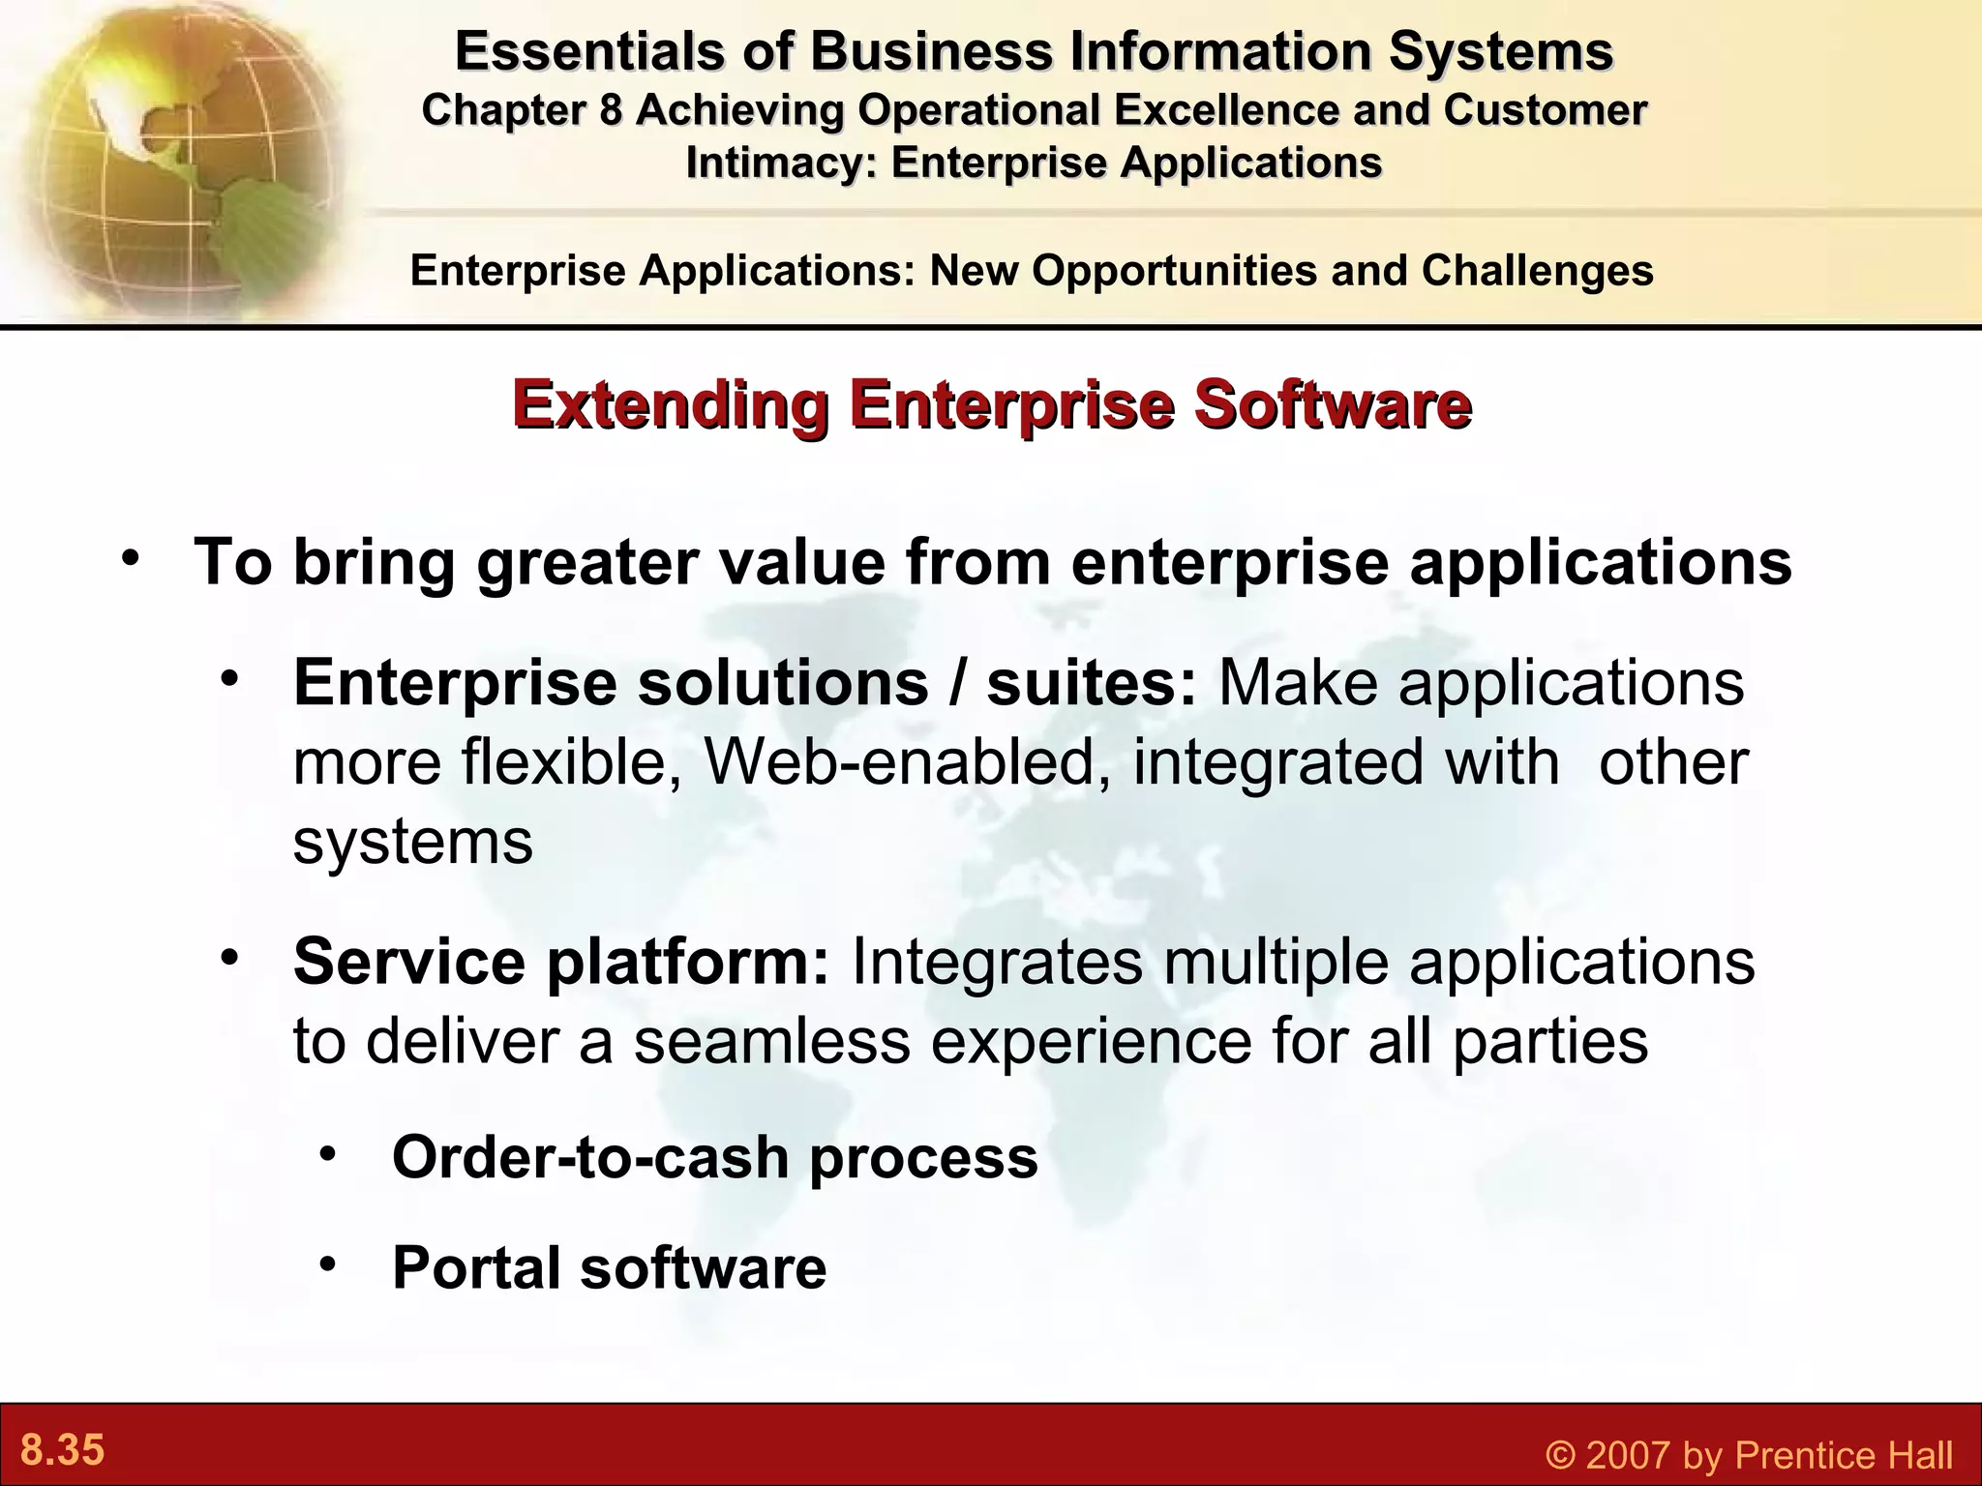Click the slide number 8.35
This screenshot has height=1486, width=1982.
(x=63, y=1451)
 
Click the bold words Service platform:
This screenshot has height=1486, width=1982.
(x=561, y=962)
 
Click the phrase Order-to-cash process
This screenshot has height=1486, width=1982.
(x=714, y=1157)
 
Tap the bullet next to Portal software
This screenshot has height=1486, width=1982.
(x=330, y=1263)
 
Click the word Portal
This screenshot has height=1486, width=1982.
(x=475, y=1267)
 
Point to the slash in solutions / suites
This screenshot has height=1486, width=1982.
(x=957, y=683)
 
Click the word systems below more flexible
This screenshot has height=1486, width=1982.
(x=413, y=842)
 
